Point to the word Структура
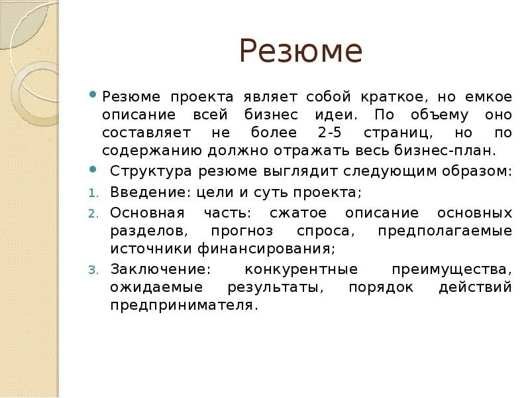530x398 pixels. click(149, 171)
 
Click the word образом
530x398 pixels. click(478, 171)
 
